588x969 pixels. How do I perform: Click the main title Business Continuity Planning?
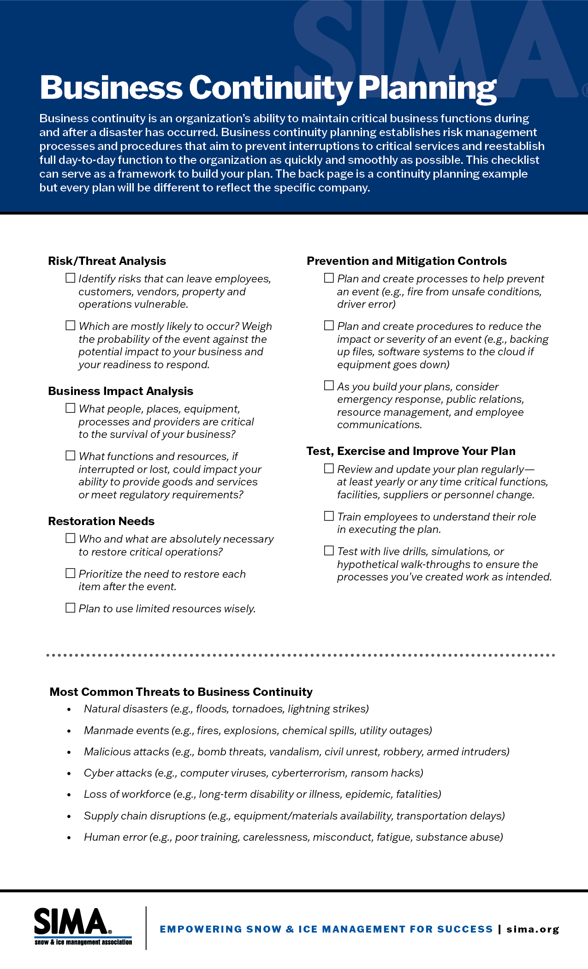[x=268, y=88]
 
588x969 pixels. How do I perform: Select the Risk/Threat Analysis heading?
[x=107, y=261]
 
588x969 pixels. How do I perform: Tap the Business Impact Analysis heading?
[x=120, y=391]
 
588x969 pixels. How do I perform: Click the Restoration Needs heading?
[x=101, y=521]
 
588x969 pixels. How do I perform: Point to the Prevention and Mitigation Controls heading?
[x=406, y=261]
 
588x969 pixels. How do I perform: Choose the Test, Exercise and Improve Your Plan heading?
[x=411, y=451]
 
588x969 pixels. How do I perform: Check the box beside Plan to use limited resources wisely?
[x=71, y=608]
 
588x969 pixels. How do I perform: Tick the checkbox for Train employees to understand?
[x=329, y=516]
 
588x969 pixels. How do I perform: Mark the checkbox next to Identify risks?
[x=71, y=278]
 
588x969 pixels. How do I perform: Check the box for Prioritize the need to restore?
[x=71, y=573]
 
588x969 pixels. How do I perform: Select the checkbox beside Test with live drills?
[x=329, y=550]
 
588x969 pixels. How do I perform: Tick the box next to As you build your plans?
[x=329, y=385]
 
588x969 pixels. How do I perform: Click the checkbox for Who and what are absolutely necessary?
[x=71, y=538]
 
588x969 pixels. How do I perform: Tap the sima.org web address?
[x=533, y=929]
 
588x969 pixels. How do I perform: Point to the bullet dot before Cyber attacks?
[x=69, y=774]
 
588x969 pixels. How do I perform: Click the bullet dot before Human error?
[x=69, y=838]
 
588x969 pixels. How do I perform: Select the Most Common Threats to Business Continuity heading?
[x=181, y=692]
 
